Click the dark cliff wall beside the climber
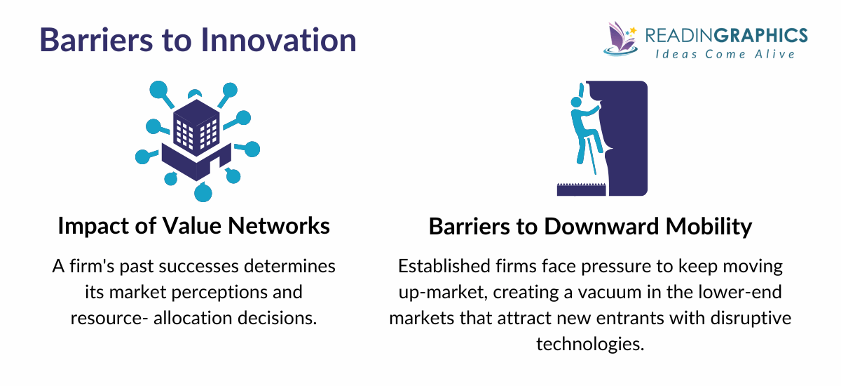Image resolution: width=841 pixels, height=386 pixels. point(627,137)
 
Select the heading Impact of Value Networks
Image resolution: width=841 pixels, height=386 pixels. point(193,227)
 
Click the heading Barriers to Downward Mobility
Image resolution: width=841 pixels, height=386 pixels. point(590,227)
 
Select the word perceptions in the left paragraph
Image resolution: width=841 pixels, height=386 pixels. point(240,292)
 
